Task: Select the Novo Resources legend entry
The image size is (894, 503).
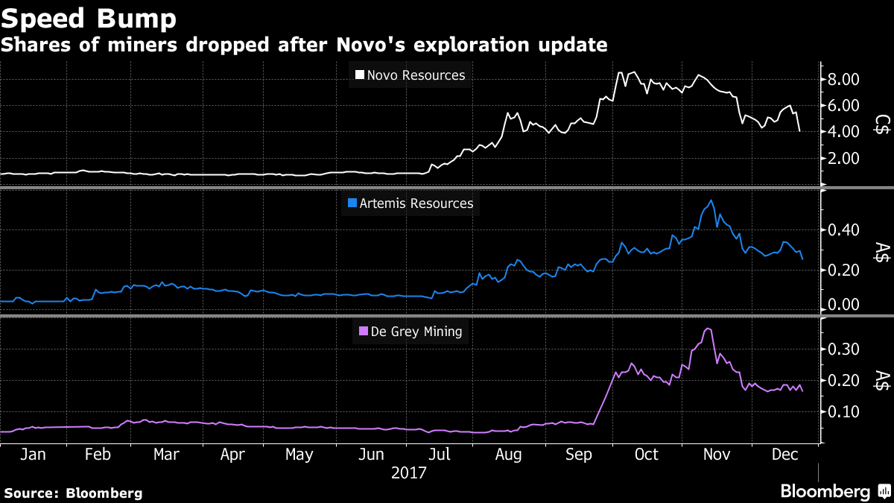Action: [x=410, y=75]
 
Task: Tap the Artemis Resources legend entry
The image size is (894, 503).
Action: [x=410, y=203]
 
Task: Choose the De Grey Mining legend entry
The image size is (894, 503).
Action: [x=410, y=332]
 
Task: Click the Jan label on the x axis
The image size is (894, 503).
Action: [x=33, y=454]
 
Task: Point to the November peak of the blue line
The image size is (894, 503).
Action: [x=711, y=200]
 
